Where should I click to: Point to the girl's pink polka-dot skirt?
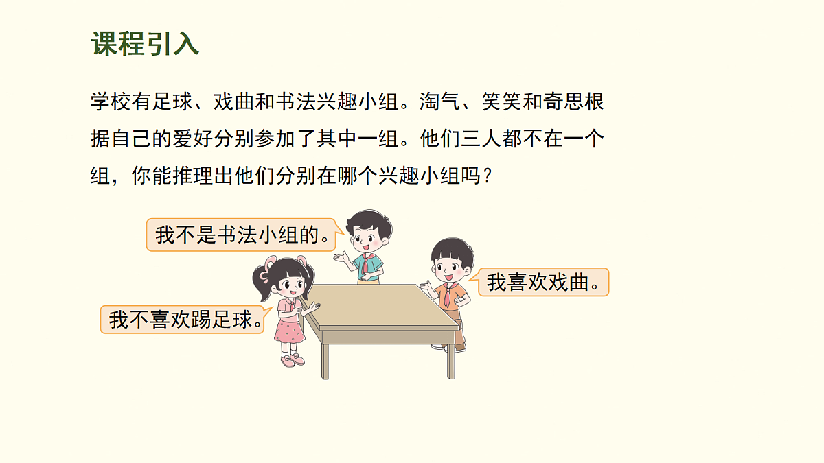coord(289,331)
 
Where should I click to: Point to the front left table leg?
coord(325,360)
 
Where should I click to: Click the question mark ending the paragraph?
coord(487,176)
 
